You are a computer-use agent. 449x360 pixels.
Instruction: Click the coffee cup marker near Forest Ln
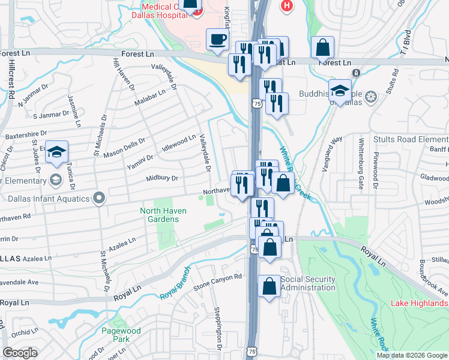pyautogui.click(x=217, y=40)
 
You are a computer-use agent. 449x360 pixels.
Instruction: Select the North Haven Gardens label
pyautogui.click(x=163, y=215)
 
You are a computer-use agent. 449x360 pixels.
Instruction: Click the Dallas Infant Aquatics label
pyautogui.click(x=49, y=199)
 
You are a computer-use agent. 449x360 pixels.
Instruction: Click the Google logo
pyautogui.click(x=20, y=353)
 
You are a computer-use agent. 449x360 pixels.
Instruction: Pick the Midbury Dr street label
pyautogui.click(x=162, y=178)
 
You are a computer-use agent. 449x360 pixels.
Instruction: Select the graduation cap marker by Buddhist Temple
pyautogui.click(x=340, y=91)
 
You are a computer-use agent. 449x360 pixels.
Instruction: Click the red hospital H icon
pyautogui.click(x=287, y=5)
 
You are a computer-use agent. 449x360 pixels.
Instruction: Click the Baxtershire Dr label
pyautogui.click(x=26, y=136)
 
